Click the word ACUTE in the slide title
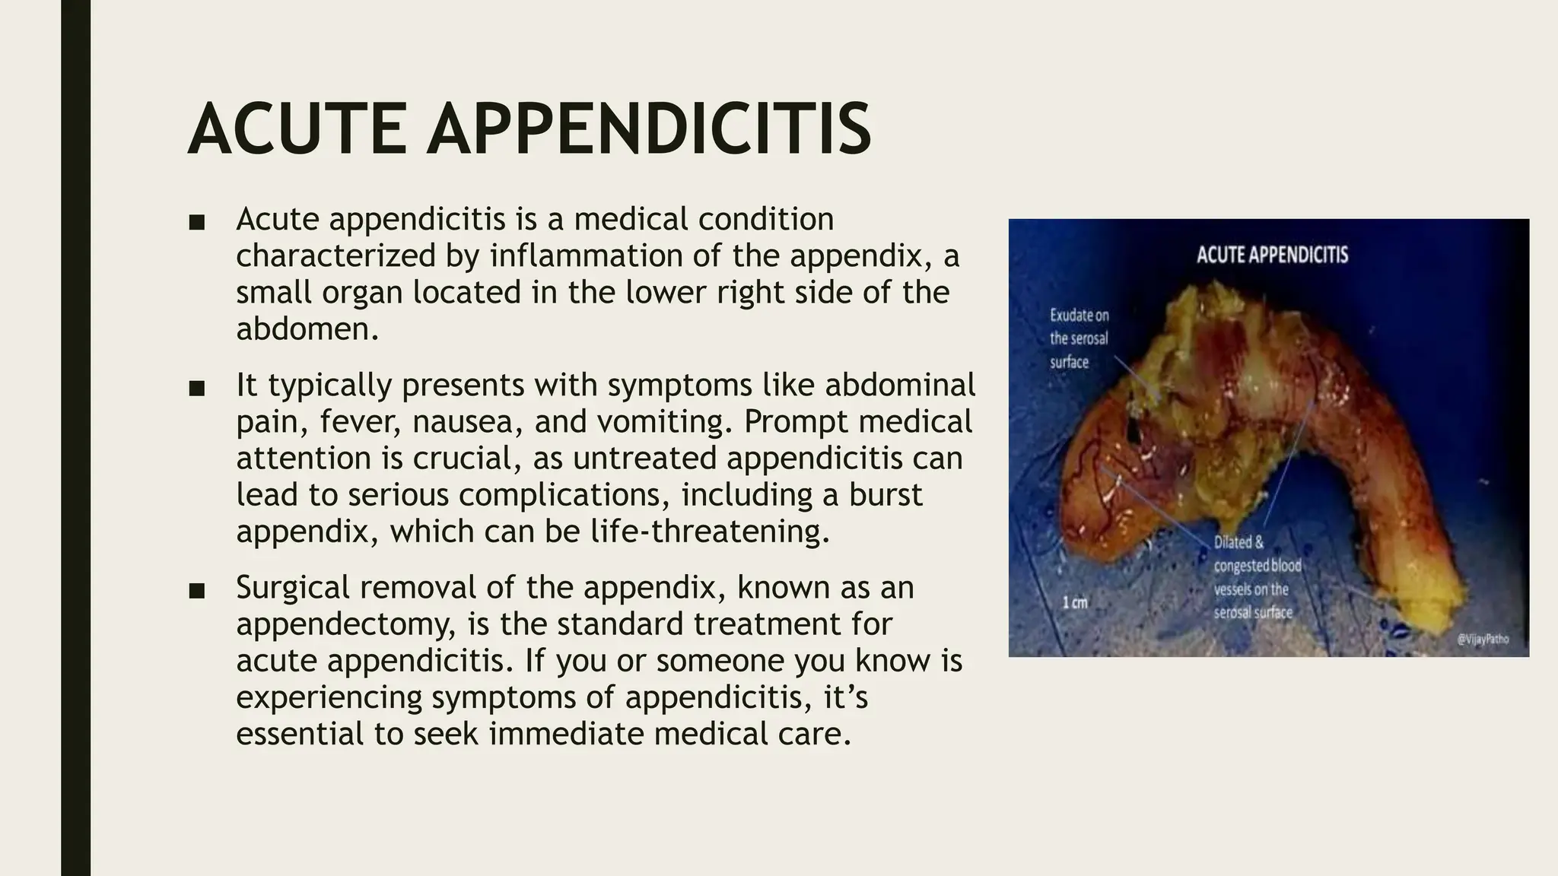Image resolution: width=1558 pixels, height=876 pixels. (x=297, y=130)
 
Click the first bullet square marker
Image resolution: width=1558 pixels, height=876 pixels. (x=197, y=222)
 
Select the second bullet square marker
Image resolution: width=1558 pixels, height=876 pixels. (x=197, y=388)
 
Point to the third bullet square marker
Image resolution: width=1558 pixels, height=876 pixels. (x=197, y=591)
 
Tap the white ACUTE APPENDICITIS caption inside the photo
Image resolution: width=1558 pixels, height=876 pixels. (x=1272, y=254)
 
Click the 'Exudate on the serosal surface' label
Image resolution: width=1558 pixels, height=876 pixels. (x=1079, y=338)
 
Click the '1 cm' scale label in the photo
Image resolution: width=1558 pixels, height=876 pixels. (x=1075, y=603)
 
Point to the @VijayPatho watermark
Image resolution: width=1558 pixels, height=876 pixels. (x=1483, y=640)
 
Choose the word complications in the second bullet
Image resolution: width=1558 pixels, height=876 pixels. (x=564, y=495)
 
